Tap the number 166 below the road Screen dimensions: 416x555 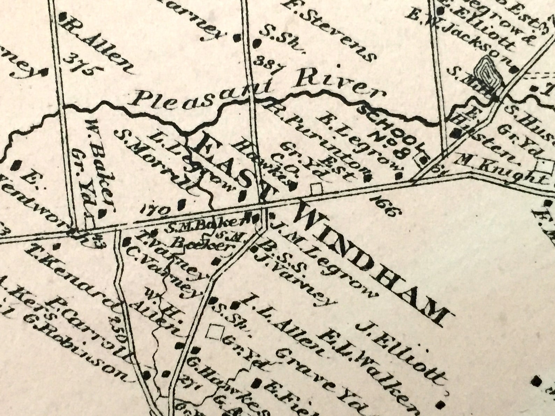386,206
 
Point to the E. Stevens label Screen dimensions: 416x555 329,30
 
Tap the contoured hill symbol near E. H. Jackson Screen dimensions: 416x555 488,75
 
